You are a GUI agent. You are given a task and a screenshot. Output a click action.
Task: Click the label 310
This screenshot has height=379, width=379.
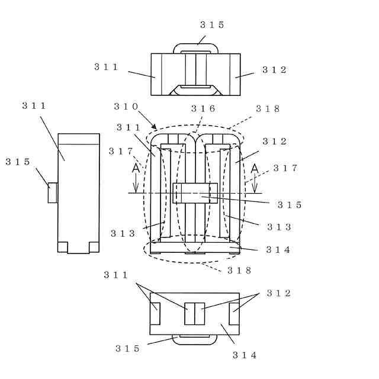(126, 107)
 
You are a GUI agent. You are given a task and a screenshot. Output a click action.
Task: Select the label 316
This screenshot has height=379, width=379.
(203, 109)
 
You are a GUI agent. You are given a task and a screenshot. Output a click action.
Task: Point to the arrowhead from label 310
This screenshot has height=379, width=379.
(154, 126)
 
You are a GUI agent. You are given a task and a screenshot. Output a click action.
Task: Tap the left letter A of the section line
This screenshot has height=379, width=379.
(136, 168)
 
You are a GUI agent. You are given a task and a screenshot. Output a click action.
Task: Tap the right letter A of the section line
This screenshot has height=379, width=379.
(255, 168)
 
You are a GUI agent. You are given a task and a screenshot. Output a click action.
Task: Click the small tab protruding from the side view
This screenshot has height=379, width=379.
(53, 192)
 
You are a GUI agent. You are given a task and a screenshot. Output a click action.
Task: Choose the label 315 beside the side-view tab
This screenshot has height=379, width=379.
(18, 162)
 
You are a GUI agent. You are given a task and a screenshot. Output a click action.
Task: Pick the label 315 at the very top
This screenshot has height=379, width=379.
(212, 25)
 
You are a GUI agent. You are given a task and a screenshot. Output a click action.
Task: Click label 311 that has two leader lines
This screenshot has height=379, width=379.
(116, 275)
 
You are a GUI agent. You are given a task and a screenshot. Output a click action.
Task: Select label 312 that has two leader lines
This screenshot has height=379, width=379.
(278, 293)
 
